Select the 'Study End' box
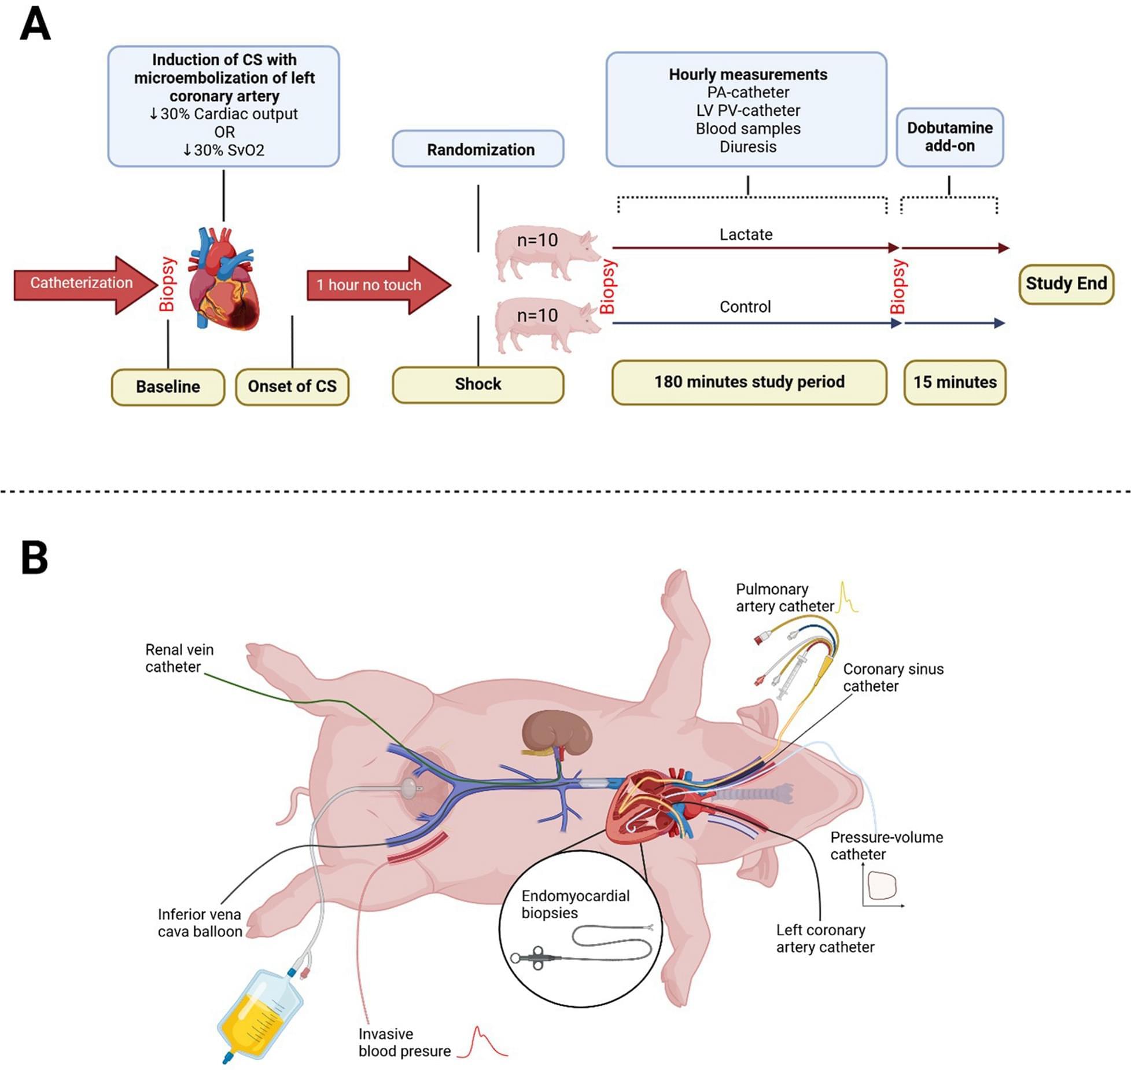tap(1066, 284)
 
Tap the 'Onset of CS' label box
tap(292, 387)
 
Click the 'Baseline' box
tap(168, 387)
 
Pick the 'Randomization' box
tap(478, 149)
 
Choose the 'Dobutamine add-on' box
tap(949, 137)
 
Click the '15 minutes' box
tap(955, 383)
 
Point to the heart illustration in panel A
tap(224, 281)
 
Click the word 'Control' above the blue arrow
tap(745, 307)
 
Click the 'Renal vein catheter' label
tap(179, 658)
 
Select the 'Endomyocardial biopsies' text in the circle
tap(575, 904)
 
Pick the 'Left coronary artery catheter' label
tap(824, 938)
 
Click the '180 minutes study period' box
tap(749, 383)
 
